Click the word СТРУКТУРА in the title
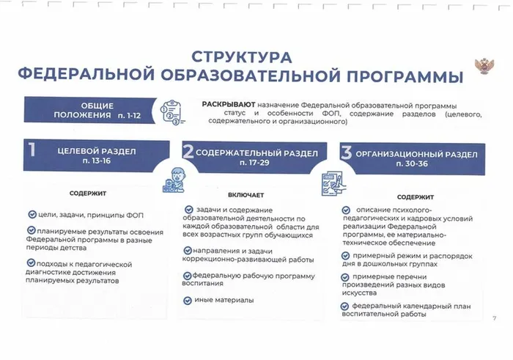[241, 57]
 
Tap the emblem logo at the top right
[484, 66]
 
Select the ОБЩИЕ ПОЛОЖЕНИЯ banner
[90, 110]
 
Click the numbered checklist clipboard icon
[171, 112]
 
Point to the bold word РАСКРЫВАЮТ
[229, 104]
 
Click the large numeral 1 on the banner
[32, 150]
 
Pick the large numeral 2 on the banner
[188, 151]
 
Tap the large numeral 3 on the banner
[346, 153]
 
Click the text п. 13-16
[97, 161]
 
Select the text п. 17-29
[254, 162]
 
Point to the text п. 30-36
[412, 164]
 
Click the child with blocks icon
[174, 180]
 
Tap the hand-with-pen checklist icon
[333, 183]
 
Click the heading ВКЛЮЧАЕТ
[246, 195]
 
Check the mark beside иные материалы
[188, 301]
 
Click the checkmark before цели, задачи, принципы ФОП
[32, 214]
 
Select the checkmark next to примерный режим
[345, 256]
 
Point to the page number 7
[495, 317]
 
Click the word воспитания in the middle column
[202, 284]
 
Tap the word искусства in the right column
[359, 293]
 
